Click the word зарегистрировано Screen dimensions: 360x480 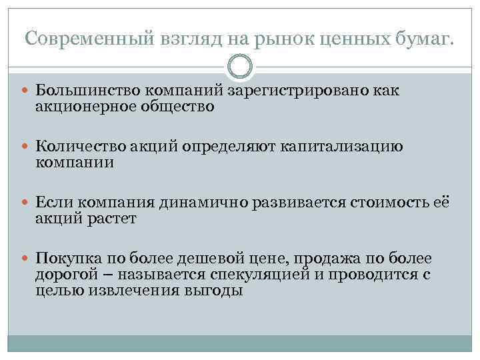coord(306,91)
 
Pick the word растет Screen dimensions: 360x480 coord(111,219)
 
